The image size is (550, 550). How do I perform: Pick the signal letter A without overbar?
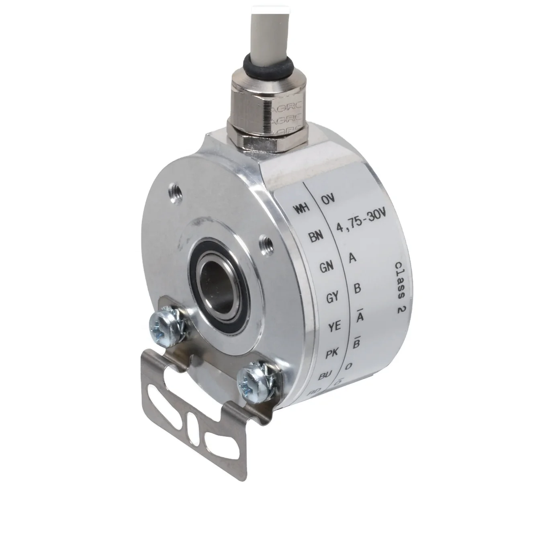352,258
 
